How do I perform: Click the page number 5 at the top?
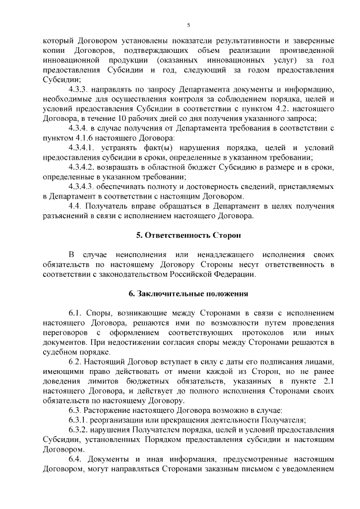[x=188, y=25]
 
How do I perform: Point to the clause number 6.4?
[x=75, y=459]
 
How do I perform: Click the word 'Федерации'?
[x=233, y=274]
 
